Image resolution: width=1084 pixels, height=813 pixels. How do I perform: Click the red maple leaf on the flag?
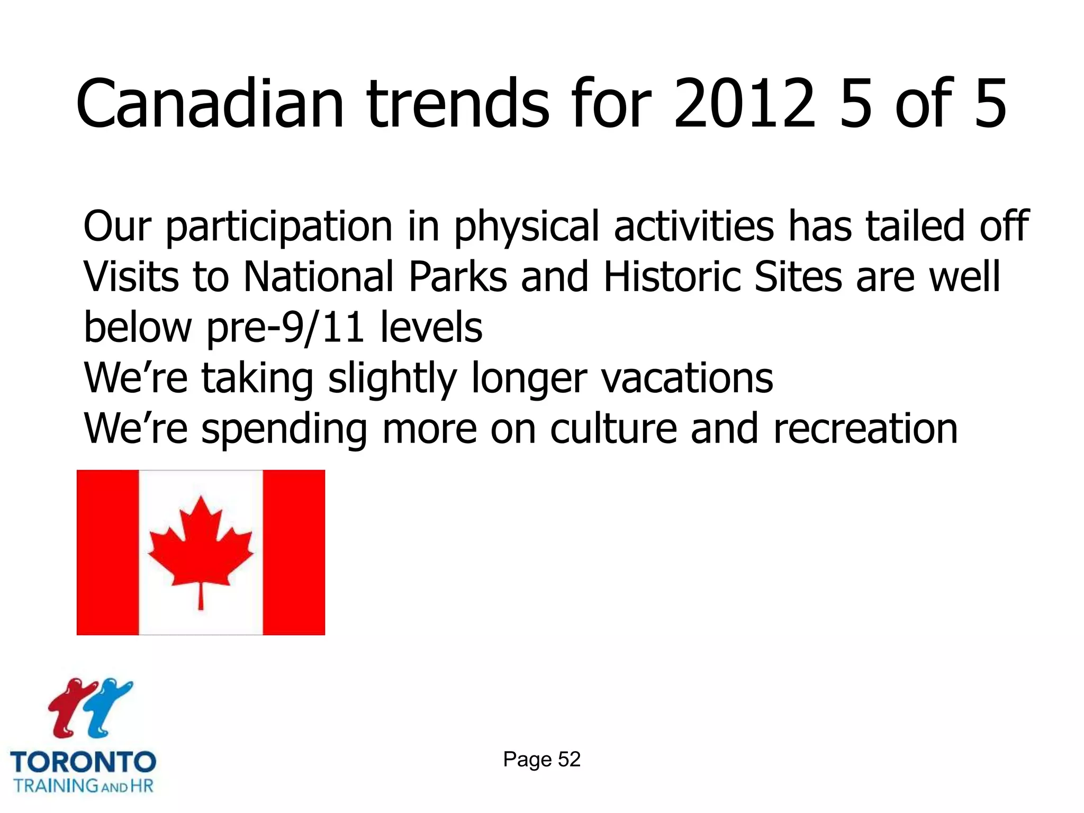click(x=201, y=545)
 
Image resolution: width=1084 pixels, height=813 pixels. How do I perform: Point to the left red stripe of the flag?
click(x=107, y=552)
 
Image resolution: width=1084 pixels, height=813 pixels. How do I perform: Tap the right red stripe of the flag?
click(x=294, y=552)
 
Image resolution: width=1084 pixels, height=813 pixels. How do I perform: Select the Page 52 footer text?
click(x=541, y=760)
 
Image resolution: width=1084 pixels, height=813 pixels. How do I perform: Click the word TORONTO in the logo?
click(x=83, y=763)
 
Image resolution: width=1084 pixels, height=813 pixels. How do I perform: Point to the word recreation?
click(x=865, y=429)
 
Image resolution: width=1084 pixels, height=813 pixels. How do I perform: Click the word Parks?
click(x=457, y=276)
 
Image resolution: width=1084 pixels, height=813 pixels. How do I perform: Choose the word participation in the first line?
click(x=279, y=227)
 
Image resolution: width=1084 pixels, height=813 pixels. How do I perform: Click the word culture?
click(x=613, y=429)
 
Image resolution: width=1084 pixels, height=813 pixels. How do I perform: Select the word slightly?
click(x=392, y=378)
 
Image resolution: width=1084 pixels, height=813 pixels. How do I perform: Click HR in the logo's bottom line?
click(x=141, y=785)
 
